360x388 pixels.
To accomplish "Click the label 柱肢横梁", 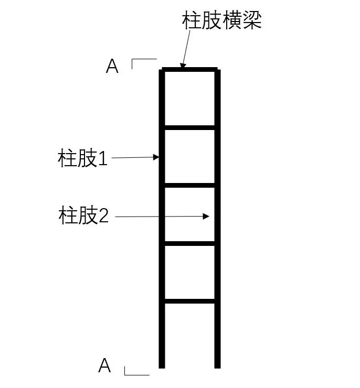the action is [x=221, y=20].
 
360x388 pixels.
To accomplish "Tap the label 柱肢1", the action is [x=82, y=158].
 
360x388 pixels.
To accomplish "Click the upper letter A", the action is [x=112, y=67].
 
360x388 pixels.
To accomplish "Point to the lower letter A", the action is [x=105, y=365].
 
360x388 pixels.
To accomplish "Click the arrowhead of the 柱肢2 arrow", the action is [x=208, y=216].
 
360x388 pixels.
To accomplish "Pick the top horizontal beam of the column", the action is [x=189, y=69].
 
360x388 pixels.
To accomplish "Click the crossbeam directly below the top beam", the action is [x=189, y=127].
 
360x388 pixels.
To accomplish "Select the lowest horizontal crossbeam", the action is [x=189, y=301].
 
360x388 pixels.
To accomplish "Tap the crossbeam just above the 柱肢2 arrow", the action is [x=189, y=185].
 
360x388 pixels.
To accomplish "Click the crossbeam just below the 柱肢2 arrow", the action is [x=189, y=243].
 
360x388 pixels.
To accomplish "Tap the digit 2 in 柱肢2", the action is [x=103, y=215].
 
